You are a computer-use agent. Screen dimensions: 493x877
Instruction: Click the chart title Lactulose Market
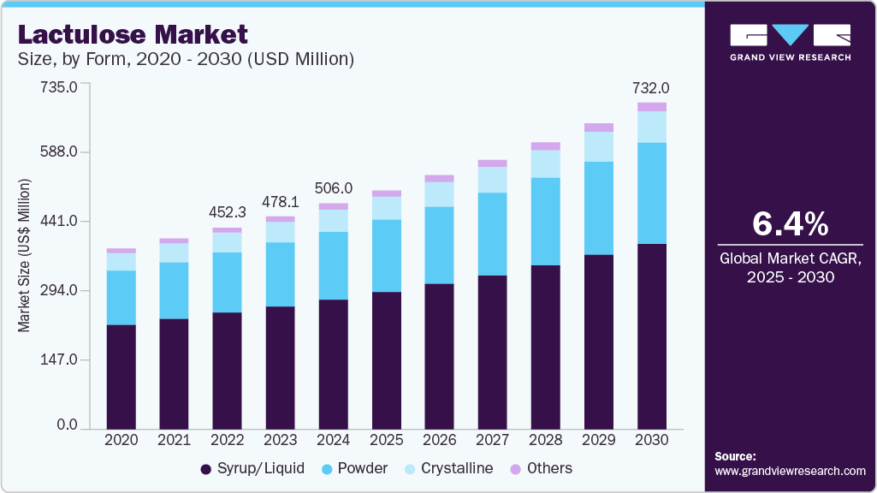pos(133,34)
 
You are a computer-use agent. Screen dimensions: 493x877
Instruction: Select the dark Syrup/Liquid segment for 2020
pos(121,377)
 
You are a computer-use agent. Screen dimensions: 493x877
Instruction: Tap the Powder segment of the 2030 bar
pos(652,193)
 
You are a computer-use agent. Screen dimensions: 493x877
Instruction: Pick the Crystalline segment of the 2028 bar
pos(546,163)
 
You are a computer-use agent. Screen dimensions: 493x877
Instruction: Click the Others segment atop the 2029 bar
pos(599,128)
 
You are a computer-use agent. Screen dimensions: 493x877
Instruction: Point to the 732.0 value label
pos(650,88)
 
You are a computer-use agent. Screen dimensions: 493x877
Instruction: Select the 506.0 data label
pos(334,188)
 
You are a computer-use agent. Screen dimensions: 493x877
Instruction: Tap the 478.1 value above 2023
pos(281,201)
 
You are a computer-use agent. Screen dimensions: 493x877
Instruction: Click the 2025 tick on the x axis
pos(386,439)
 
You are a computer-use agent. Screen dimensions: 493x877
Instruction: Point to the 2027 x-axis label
pos(493,439)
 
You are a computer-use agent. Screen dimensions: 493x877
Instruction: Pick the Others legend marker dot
pos(515,469)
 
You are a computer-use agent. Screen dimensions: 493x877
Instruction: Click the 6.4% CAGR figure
pos(790,224)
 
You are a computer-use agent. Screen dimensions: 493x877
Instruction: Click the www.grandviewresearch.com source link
pos(790,471)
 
